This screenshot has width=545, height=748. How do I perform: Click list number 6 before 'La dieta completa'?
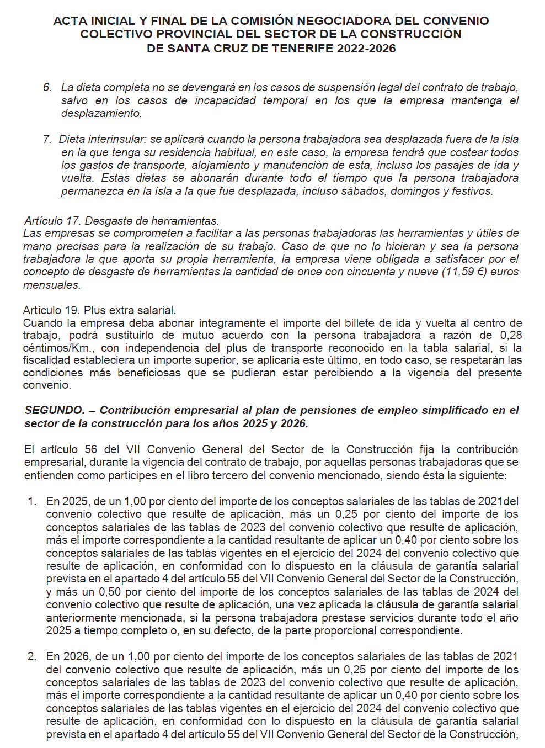tap(47, 87)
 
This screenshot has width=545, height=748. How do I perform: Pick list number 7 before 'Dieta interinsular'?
tap(47, 139)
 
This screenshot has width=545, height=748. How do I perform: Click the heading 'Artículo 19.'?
tap(51, 310)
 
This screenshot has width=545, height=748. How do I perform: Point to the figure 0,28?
tap(511, 335)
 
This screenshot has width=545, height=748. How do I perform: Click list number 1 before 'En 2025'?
tap(32, 501)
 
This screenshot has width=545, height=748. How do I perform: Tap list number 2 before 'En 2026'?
tap(32, 656)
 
